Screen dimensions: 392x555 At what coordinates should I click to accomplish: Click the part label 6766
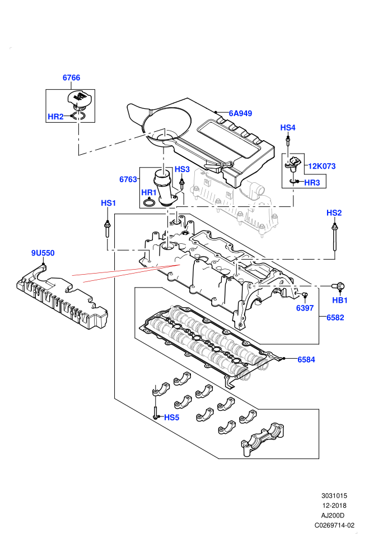tap(72, 77)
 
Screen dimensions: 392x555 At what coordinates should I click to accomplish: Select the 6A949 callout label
tap(240, 113)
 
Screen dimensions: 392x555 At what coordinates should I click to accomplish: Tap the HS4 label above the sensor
tap(288, 127)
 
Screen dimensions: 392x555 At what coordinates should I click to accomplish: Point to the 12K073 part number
tap(321, 166)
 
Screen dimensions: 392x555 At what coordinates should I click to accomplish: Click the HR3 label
tap(312, 183)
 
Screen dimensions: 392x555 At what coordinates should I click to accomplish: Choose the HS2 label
tap(334, 212)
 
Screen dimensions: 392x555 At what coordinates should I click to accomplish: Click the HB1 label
tap(340, 300)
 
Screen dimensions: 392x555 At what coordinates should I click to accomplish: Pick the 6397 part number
tap(305, 308)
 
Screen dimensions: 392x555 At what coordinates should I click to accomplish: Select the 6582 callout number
tap(335, 317)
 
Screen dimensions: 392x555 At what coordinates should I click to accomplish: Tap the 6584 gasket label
tap(306, 359)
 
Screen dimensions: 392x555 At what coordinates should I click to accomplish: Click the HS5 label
tap(171, 418)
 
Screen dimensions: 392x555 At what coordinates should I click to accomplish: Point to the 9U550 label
tap(43, 253)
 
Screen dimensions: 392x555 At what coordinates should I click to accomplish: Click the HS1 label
tap(109, 203)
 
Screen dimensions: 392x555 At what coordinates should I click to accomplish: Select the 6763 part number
tap(128, 179)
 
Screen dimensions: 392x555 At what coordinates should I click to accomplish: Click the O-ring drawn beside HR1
tap(149, 203)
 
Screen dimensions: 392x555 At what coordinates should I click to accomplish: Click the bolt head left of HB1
tap(338, 286)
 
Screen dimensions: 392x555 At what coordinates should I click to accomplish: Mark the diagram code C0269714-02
tap(334, 525)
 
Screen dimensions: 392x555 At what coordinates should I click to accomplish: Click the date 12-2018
tap(334, 506)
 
